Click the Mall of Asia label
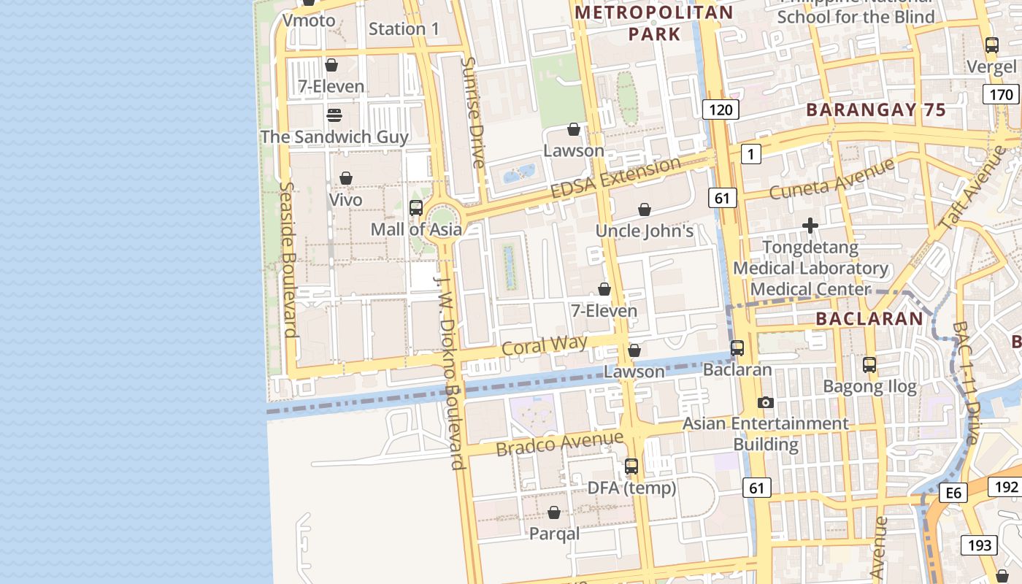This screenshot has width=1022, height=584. pyautogui.click(x=416, y=229)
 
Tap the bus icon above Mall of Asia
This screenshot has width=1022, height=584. pyautogui.click(x=416, y=208)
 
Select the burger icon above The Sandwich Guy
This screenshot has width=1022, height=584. pyautogui.click(x=334, y=115)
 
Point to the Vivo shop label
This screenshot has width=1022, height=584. pyautogui.click(x=346, y=200)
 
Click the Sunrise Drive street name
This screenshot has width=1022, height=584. pyautogui.click(x=472, y=112)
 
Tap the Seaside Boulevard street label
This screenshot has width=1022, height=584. pyautogui.click(x=288, y=259)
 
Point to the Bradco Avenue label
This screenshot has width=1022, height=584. pyautogui.click(x=560, y=443)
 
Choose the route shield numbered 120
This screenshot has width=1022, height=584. pyautogui.click(x=721, y=109)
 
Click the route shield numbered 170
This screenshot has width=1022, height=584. pyautogui.click(x=1001, y=94)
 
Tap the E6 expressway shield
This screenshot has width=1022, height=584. pyautogui.click(x=953, y=493)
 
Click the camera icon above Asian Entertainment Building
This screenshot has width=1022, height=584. pyautogui.click(x=765, y=402)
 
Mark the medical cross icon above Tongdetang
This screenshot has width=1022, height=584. pyautogui.click(x=810, y=226)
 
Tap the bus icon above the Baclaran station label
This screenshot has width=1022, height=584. pyautogui.click(x=737, y=348)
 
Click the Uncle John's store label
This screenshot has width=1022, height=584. pyautogui.click(x=644, y=231)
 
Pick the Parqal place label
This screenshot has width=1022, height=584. pyautogui.click(x=554, y=534)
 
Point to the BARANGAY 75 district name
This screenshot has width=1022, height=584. pyautogui.click(x=875, y=110)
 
